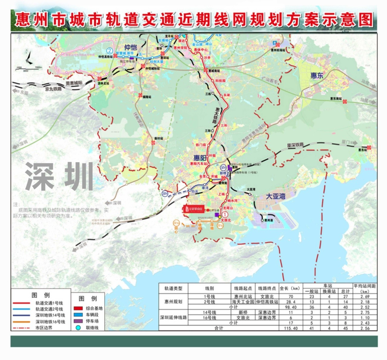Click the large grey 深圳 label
point(59,177)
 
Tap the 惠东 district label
point(317,75)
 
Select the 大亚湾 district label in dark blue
point(275,196)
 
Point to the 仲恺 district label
point(131,47)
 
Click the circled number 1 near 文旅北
point(225,214)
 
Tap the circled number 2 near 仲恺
point(109,51)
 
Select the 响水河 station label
point(232,201)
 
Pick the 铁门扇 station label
point(200,145)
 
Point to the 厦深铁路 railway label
point(295,145)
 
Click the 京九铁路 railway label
point(53,89)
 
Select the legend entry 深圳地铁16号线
point(50,322)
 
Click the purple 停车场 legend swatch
point(78,321)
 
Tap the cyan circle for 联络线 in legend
point(78,328)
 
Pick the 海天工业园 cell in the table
point(243,302)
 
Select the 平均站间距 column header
point(365,288)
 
